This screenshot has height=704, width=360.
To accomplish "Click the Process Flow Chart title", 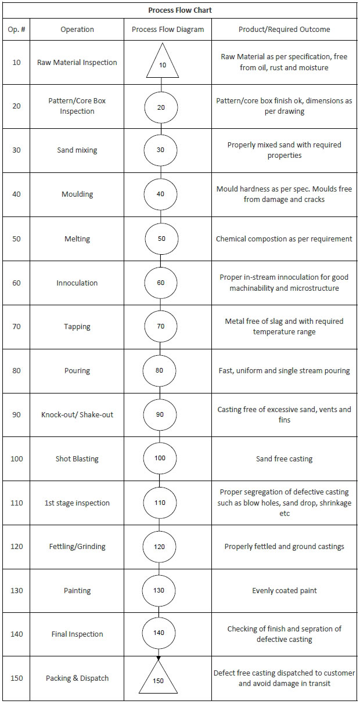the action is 180,10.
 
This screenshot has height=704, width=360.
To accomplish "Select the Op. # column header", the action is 16,30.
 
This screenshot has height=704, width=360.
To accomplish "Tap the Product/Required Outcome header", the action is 285,30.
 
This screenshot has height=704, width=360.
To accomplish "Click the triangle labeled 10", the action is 162,60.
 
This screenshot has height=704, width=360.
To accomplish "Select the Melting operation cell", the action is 77,239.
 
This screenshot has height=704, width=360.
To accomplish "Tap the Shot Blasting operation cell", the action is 77,459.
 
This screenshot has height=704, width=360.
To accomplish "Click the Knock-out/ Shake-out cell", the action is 77,414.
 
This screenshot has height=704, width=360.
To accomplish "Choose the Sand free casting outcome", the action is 285,459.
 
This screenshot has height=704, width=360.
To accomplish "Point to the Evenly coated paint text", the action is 285,591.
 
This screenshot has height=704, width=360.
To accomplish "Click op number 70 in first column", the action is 16,327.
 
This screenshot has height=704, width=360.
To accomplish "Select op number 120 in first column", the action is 16,546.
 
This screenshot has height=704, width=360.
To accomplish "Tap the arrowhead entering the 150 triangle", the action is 159,658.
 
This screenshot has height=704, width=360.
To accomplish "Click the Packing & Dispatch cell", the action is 77,678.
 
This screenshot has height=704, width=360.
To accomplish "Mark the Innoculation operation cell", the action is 77,283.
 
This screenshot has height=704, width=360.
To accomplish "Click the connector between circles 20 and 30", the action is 161,129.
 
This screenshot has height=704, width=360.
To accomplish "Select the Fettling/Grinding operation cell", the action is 77,547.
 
